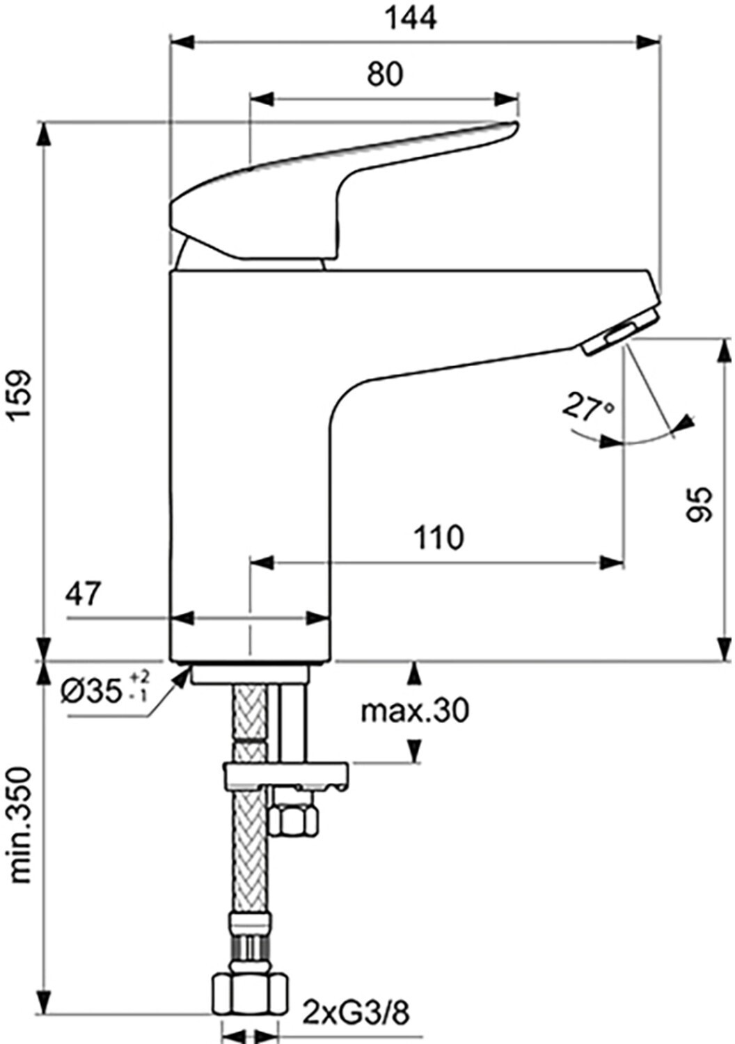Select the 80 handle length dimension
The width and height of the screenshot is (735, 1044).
(384, 74)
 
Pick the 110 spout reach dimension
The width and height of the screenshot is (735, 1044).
(438, 537)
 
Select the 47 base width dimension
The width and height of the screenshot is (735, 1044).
(84, 594)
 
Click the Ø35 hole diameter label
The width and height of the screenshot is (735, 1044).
(104, 690)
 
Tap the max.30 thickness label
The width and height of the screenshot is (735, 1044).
(415, 710)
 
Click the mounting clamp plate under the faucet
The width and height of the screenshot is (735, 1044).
(285, 775)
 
